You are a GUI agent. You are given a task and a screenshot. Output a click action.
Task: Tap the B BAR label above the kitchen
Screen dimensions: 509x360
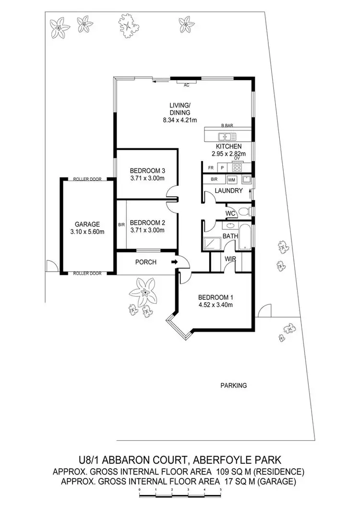tap(227, 125)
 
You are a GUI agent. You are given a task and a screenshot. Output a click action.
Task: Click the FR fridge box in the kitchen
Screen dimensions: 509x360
tap(211, 168)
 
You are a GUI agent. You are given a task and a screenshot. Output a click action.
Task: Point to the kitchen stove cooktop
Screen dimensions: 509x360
tap(237, 168)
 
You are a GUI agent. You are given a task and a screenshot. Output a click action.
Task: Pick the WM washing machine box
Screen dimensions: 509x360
tap(231, 180)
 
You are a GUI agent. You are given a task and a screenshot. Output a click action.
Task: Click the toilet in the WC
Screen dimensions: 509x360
tap(243, 212)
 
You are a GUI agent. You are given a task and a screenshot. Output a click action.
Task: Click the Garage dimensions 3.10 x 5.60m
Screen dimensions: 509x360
tap(87, 232)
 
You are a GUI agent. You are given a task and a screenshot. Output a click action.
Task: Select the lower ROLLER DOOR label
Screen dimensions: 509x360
tap(87, 273)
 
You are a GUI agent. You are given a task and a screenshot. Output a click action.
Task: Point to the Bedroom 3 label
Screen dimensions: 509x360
tap(147, 170)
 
